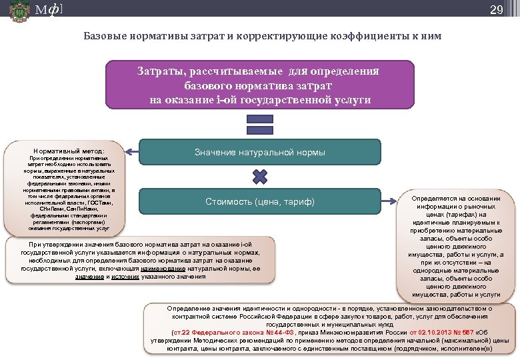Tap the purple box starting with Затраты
260,85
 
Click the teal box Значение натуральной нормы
260,153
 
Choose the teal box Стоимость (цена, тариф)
260,201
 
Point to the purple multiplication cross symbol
260,177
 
